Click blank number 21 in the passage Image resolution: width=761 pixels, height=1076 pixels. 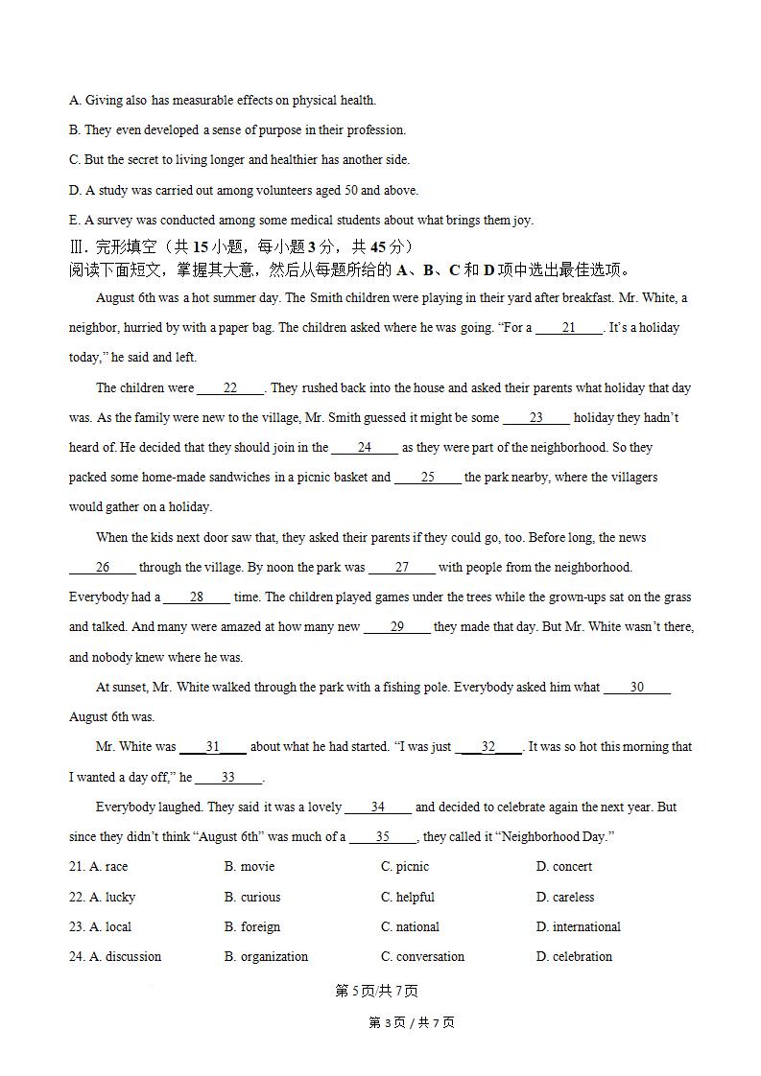569,328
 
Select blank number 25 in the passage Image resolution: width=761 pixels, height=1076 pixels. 428,478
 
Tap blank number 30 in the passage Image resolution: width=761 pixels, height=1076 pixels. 637,688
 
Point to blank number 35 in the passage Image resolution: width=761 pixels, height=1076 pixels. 383,837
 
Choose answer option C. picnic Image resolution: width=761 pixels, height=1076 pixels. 405,867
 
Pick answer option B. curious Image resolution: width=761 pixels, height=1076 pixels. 252,898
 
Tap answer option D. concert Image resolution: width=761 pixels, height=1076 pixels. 564,867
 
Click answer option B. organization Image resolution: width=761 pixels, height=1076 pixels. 267,957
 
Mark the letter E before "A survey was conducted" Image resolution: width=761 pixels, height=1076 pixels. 74,221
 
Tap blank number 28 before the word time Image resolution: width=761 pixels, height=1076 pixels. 197,597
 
